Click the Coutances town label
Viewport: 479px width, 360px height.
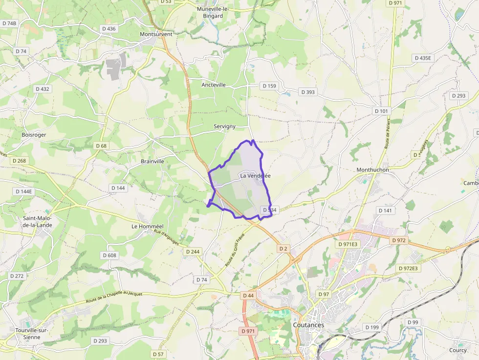tap(308, 325)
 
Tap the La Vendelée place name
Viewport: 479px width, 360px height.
tap(255, 176)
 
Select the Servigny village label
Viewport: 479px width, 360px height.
tap(224, 127)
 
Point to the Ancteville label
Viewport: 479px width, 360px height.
tap(214, 85)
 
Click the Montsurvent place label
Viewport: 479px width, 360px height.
tap(156, 35)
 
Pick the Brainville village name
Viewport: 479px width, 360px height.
tap(152, 161)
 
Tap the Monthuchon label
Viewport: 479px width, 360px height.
tap(372, 170)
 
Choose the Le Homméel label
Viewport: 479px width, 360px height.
tap(147, 227)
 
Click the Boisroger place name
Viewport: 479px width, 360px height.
tap(34, 135)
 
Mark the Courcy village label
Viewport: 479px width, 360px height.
tap(458, 350)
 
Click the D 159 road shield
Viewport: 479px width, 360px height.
tap(269, 86)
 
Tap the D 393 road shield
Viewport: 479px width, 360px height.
tap(308, 92)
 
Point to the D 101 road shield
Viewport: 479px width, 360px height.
tap(382, 111)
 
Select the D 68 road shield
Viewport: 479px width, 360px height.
tap(101, 146)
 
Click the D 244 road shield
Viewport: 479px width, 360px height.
tap(193, 251)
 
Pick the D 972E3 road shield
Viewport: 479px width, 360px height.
tap(408, 268)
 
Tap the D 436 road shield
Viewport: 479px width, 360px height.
tap(109, 29)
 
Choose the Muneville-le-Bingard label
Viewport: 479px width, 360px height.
tap(210, 12)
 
